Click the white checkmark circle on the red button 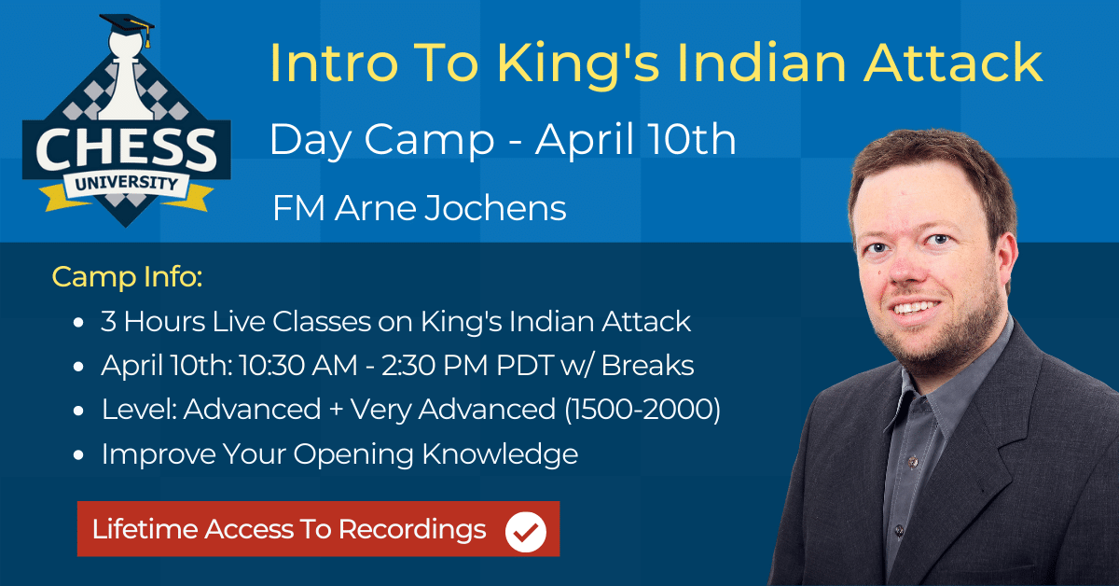pyautogui.click(x=526, y=532)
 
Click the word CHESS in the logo pyautogui.click(x=126, y=149)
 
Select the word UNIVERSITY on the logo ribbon pyautogui.click(x=127, y=183)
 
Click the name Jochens pyautogui.click(x=495, y=208)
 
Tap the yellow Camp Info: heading pyautogui.click(x=127, y=276)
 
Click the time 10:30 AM pyautogui.click(x=298, y=365)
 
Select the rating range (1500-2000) pyautogui.click(x=642, y=410)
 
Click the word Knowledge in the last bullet pyautogui.click(x=500, y=454)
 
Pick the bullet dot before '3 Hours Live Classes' pyautogui.click(x=78, y=322)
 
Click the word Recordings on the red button pyautogui.click(x=412, y=530)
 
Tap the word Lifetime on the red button pyautogui.click(x=145, y=529)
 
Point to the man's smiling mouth pyautogui.click(x=916, y=307)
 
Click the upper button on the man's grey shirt pyautogui.click(x=913, y=462)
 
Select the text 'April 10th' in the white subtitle pyautogui.click(x=635, y=139)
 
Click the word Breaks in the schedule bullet pyautogui.click(x=647, y=365)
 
